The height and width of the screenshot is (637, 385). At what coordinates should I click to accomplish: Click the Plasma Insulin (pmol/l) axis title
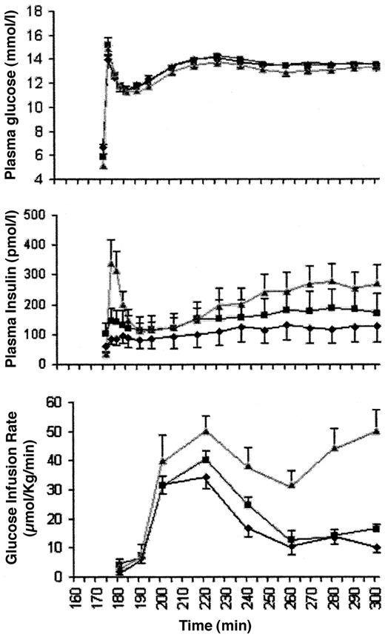[12, 290]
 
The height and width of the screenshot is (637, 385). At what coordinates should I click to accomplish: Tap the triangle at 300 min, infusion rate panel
[378, 431]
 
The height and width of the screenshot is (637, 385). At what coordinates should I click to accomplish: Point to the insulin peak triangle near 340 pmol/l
[111, 264]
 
